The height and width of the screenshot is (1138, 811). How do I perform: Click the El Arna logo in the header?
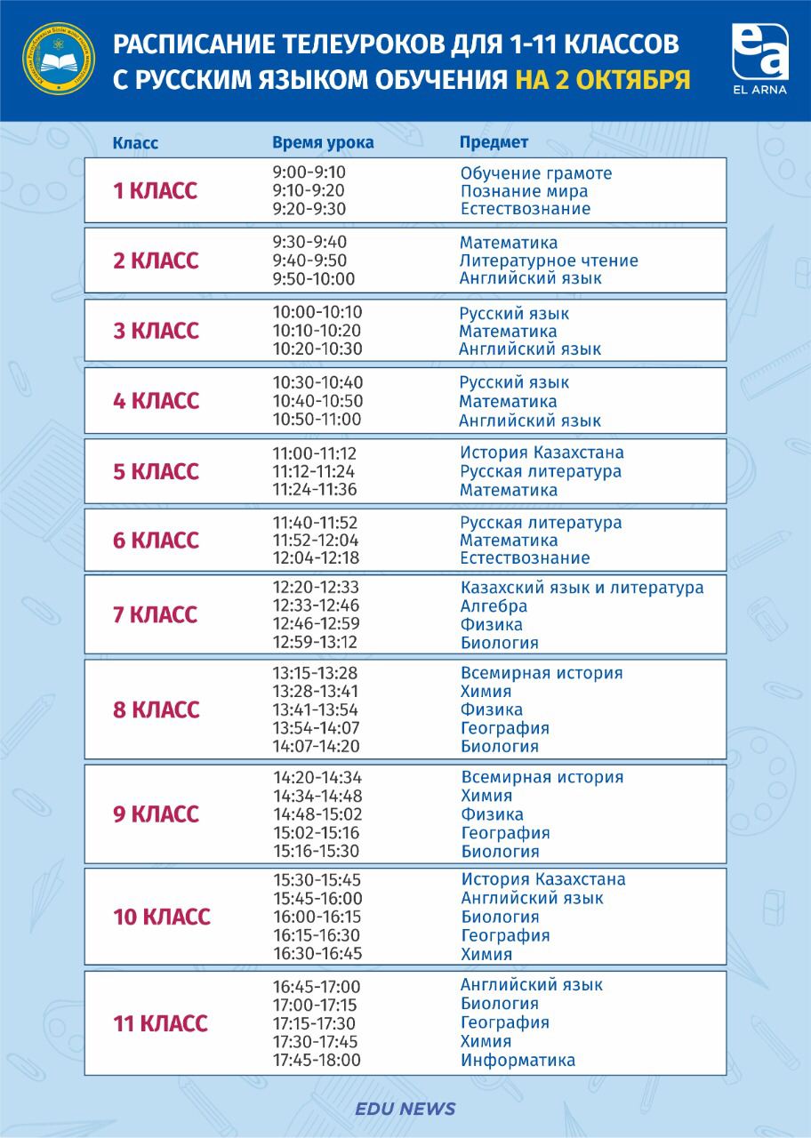click(759, 60)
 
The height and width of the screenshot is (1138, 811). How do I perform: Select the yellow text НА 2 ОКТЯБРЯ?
click(602, 79)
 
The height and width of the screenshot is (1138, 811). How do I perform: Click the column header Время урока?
click(323, 143)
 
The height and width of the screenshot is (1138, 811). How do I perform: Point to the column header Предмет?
click(494, 142)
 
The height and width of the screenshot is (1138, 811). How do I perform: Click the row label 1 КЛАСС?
click(155, 191)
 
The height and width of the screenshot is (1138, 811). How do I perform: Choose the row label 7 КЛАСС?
click(155, 614)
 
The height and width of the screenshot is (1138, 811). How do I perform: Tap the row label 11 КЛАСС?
click(160, 1023)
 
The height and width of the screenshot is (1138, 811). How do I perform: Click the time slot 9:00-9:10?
click(309, 172)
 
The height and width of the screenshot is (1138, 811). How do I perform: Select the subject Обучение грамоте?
click(536, 173)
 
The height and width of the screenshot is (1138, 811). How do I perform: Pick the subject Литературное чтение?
click(549, 260)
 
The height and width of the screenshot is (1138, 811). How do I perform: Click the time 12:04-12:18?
click(316, 558)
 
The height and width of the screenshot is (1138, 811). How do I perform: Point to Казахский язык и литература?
click(582, 588)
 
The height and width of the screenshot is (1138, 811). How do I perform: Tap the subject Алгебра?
click(494, 606)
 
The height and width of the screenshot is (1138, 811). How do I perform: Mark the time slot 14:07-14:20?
click(317, 747)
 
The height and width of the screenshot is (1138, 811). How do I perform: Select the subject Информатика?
click(518, 1060)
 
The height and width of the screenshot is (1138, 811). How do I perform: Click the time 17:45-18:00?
click(317, 1060)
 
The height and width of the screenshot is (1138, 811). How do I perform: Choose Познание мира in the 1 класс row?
click(524, 191)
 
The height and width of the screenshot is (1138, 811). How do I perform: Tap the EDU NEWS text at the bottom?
click(405, 1109)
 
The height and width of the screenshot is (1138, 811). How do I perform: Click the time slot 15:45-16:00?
click(317, 898)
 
